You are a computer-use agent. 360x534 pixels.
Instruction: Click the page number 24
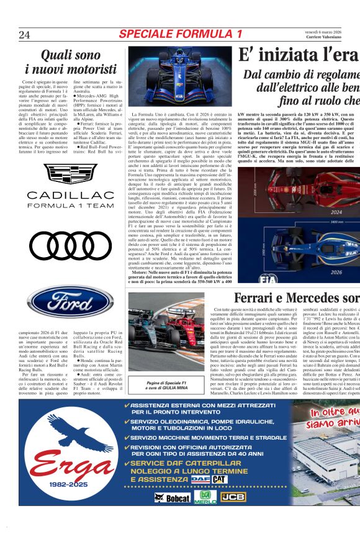25,35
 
